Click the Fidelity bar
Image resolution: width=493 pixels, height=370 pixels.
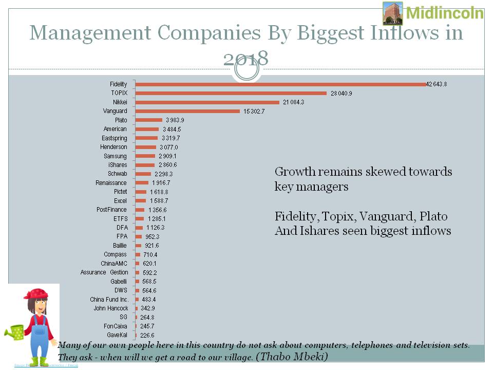280,84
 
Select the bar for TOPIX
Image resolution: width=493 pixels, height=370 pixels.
231,93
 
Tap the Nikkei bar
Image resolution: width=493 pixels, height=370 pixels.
207,102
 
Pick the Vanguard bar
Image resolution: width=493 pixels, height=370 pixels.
187,111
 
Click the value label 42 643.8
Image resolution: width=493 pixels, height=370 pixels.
437,84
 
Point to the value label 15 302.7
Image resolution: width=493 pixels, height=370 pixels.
255,111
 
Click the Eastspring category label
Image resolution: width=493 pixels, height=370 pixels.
115,138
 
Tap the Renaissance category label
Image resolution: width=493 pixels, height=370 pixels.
111,183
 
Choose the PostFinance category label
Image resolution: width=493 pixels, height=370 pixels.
112,210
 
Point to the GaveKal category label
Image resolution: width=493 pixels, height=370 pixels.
117,335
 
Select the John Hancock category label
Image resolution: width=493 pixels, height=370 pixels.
111,308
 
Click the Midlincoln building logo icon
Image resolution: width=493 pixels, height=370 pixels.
393,13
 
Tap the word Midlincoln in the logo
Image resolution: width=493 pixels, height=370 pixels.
445,13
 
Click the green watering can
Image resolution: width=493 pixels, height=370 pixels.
15,331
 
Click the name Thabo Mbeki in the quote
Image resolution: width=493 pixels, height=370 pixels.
292,356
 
